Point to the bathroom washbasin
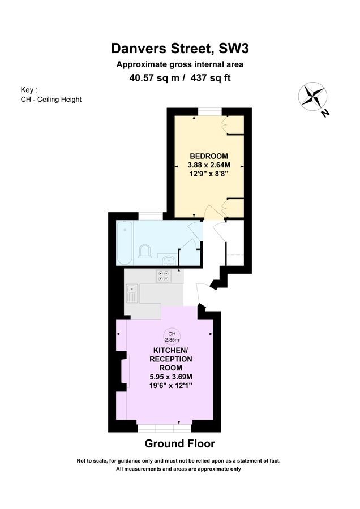(x=168, y=261)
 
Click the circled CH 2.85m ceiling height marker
(x=172, y=336)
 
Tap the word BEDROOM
(x=209, y=156)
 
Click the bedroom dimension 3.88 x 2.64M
(x=209, y=165)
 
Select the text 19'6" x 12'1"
(x=171, y=386)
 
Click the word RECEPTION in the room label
(x=171, y=359)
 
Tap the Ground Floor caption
(x=179, y=443)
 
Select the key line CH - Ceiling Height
(x=50, y=100)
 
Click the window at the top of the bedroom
(x=209, y=111)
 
